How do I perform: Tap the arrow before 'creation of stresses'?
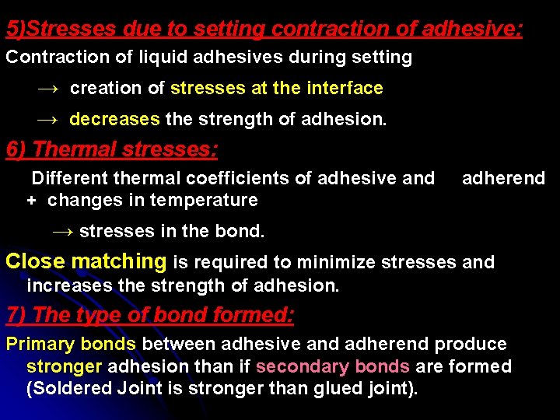coord(47,89)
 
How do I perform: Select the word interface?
coord(345,89)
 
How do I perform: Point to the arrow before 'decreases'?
coord(47,120)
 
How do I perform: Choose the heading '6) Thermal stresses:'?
coord(112,149)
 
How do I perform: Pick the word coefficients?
coord(247,179)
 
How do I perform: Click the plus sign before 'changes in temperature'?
coord(31,201)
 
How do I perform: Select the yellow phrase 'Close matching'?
coord(86,261)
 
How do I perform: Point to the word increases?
coord(69,285)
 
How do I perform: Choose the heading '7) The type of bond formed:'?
coord(150,315)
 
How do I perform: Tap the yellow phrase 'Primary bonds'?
coord(71,344)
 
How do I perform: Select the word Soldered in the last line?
coord(63,388)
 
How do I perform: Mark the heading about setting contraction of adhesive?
coord(264,30)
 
